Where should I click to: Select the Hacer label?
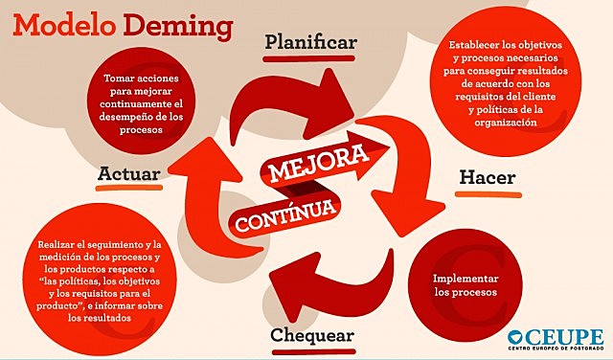point(487,178)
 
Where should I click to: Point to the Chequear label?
point(312,336)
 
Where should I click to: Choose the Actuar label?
point(128,173)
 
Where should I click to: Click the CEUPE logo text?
point(566,336)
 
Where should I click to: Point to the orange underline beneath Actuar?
point(127,190)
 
